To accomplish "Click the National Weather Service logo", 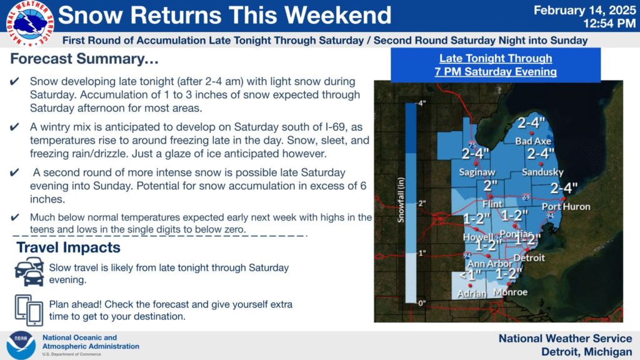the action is tap(29, 23).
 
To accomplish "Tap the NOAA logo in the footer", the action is tap(21, 345).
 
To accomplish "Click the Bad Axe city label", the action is tap(533, 141).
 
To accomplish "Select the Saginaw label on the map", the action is tap(477, 172).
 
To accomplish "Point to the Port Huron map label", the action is tap(566, 206).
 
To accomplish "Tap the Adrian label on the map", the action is tap(472, 294).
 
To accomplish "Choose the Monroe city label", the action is tap(510, 292).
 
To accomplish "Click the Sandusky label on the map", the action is tap(543, 172).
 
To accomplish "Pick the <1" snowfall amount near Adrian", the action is tap(470, 276).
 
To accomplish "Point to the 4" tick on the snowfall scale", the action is tap(422, 103).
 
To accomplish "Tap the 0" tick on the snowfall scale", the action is tap(422, 303).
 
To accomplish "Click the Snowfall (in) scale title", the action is tap(401, 199).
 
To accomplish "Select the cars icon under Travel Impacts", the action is tap(29, 271).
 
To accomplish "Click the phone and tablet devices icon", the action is tap(29, 310).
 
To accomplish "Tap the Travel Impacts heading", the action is tap(68, 247).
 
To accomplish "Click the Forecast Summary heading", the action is tap(84, 59).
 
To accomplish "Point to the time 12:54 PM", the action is tap(609, 24).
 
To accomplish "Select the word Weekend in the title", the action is tap(337, 15).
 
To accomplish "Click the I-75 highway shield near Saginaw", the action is tap(472, 145).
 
